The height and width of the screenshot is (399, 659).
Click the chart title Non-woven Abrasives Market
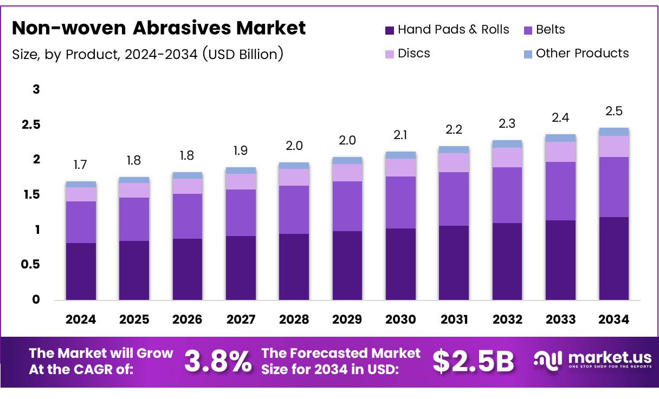coord(159,28)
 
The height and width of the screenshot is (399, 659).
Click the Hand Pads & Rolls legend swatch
coord(390,30)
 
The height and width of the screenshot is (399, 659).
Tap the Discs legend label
coord(414,53)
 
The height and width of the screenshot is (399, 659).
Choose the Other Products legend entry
coord(582,53)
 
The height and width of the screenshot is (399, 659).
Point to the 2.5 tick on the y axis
coord(30,125)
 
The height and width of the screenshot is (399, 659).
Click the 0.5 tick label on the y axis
coord(30,265)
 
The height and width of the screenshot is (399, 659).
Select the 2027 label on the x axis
coord(241,320)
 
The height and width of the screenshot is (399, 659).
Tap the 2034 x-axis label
coord(613,320)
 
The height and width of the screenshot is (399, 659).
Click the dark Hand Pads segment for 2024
coord(81,271)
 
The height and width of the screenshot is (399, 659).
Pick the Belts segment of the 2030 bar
coord(400,202)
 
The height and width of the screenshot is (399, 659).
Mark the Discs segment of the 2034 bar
coord(613,146)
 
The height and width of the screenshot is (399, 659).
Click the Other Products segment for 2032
coord(507,144)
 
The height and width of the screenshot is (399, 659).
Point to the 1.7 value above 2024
coord(81,165)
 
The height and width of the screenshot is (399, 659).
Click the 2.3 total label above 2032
coord(507,123)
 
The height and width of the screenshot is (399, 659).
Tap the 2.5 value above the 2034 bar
coord(613,112)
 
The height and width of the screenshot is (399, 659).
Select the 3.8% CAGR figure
coord(218,362)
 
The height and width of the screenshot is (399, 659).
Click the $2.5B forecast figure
coord(473,362)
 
